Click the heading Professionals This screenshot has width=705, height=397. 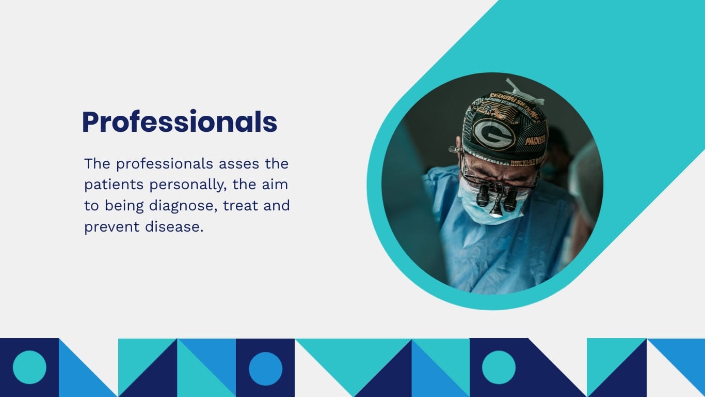click(180, 122)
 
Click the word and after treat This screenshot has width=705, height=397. click(277, 206)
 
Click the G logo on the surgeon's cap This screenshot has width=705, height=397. click(494, 134)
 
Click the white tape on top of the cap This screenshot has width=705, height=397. click(524, 93)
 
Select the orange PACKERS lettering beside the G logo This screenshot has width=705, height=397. click(535, 140)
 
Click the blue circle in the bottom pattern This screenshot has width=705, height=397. click(265, 369)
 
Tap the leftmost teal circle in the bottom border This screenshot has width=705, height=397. click(29, 368)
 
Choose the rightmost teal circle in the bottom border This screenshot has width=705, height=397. click(499, 368)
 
